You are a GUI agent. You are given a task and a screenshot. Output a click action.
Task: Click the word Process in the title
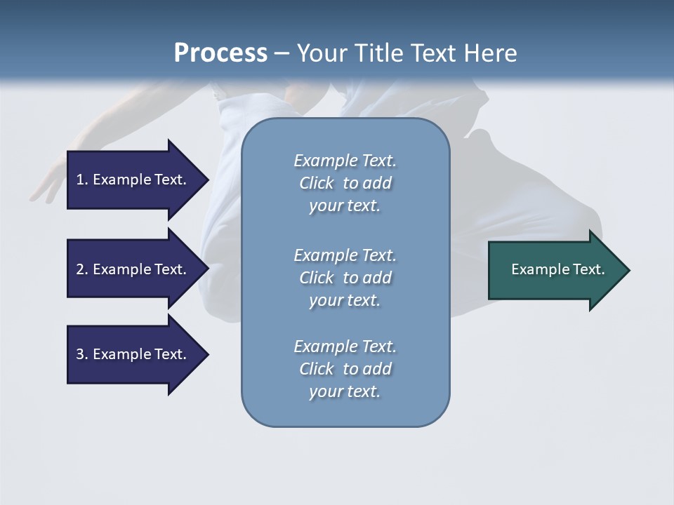tap(220, 53)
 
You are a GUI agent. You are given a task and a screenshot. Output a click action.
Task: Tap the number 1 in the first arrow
tap(80, 180)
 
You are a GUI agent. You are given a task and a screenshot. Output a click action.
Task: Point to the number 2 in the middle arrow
tap(80, 269)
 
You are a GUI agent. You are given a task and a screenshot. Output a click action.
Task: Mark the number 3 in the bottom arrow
tap(80, 354)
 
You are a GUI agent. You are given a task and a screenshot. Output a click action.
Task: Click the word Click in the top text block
tap(317, 184)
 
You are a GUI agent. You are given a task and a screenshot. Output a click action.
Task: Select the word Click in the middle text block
tap(317, 278)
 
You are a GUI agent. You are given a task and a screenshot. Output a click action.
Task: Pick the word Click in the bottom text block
tap(317, 369)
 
